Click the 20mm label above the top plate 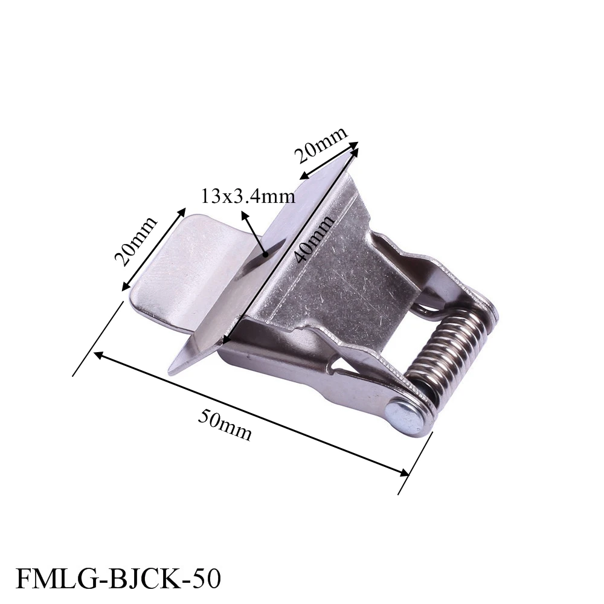tap(321, 145)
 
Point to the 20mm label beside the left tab tap(135, 242)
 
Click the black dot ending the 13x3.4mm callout tap(265, 254)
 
